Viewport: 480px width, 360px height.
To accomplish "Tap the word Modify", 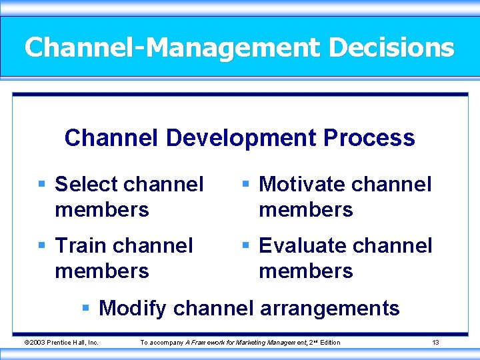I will coord(133,308).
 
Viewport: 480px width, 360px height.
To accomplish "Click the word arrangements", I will coord(330,309).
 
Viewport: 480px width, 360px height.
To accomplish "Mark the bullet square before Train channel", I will coord(42,245).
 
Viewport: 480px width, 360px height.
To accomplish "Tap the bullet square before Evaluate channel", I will coord(246,245).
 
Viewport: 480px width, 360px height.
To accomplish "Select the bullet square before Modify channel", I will coord(85,308).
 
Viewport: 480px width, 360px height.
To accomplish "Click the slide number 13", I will coord(435,343).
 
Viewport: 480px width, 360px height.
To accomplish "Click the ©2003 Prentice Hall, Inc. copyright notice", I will coord(61,343).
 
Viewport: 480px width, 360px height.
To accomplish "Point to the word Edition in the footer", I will coord(330,343).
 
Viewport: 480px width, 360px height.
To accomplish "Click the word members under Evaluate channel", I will coord(305,271).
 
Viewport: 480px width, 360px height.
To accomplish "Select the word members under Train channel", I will coord(101,271).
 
